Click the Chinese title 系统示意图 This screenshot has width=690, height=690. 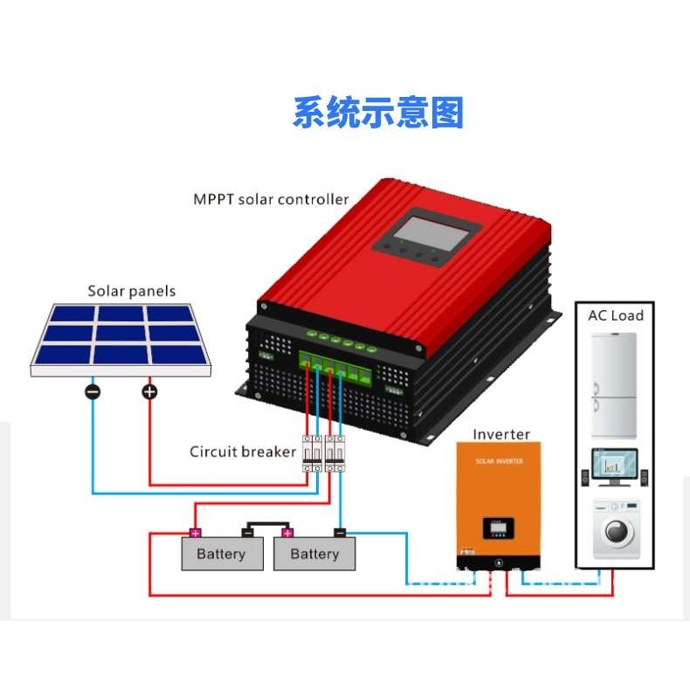click(x=377, y=114)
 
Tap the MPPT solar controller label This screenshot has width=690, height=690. click(x=271, y=199)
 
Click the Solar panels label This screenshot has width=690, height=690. click(x=131, y=291)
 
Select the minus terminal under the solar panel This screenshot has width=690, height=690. click(x=93, y=391)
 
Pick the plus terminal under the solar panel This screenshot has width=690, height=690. click(x=149, y=391)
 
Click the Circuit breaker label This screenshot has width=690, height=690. click(x=243, y=452)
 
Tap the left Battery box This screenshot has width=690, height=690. click(x=221, y=554)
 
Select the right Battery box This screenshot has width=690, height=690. click(x=314, y=554)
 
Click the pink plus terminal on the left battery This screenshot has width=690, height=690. click(x=195, y=532)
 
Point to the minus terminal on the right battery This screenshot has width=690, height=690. click(x=340, y=532)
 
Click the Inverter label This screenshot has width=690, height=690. click(x=501, y=434)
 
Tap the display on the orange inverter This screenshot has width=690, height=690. click(x=498, y=528)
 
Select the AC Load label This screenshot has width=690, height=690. click(x=615, y=315)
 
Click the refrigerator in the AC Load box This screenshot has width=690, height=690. click(x=616, y=384)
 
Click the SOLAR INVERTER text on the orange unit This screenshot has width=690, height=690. click(x=498, y=459)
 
